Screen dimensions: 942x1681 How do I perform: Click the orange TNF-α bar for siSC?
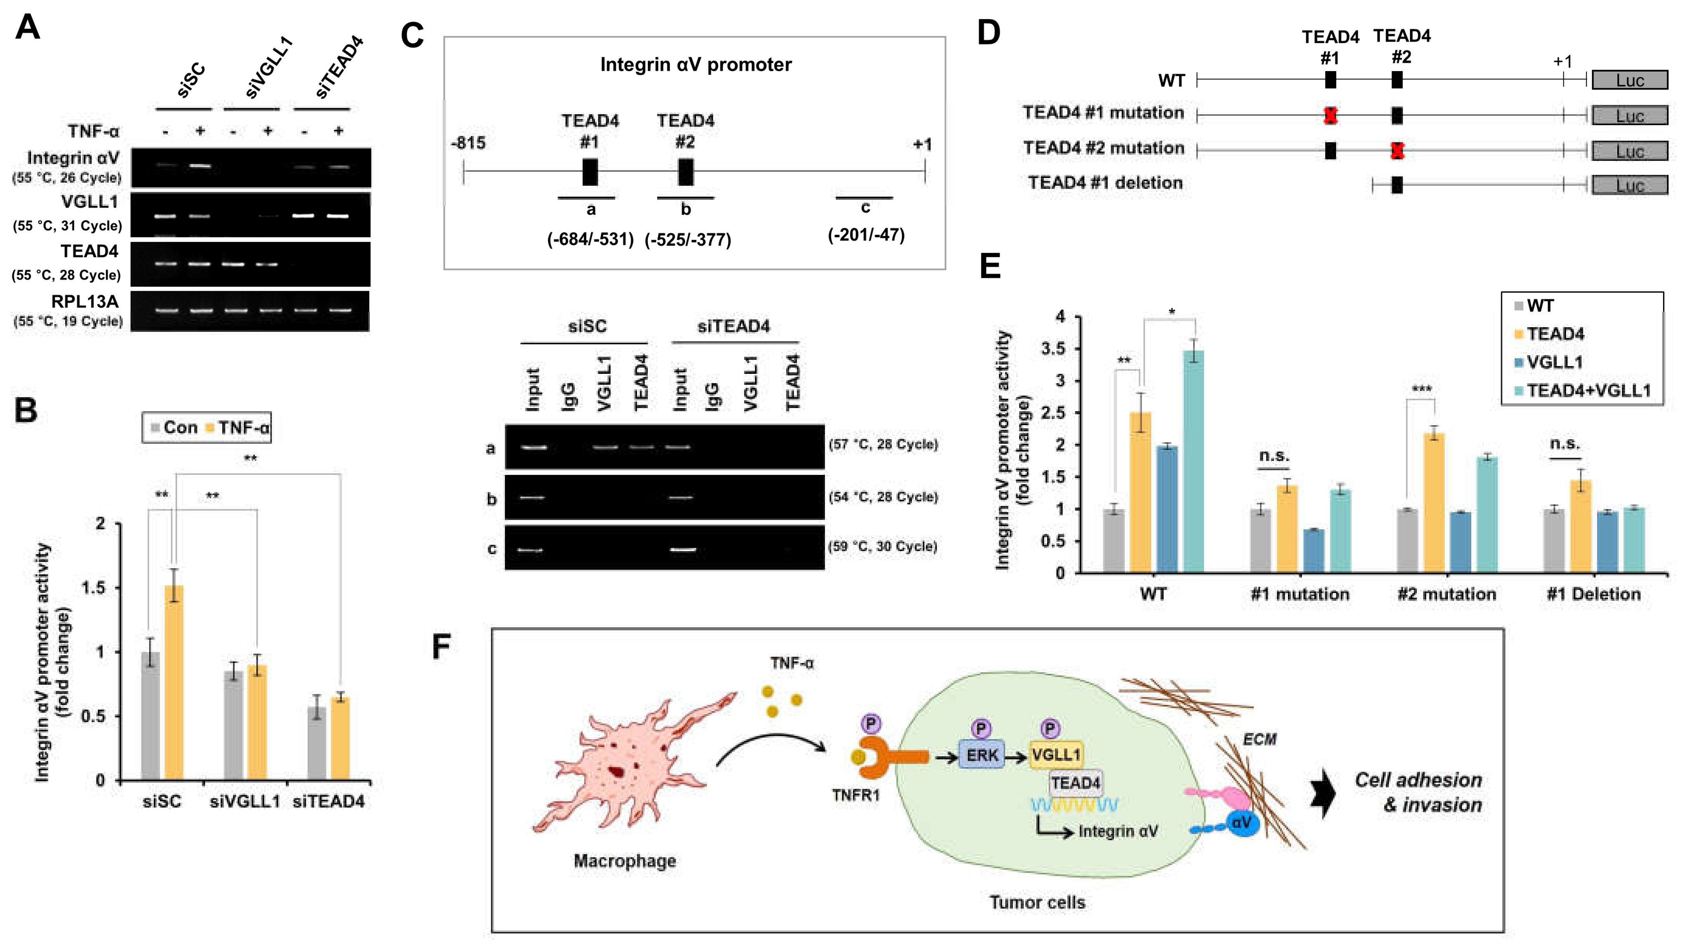pos(174,682)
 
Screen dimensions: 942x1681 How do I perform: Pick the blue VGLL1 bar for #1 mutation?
pos(1314,551)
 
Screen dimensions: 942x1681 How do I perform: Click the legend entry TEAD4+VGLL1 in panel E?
pos(1588,391)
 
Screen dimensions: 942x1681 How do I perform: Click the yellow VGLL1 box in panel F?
pos(1056,755)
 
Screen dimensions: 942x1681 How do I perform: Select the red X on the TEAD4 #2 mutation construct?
pos(1396,151)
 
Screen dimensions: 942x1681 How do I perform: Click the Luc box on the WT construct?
pos(1629,80)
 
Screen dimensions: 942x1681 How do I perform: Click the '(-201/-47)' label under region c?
pos(866,235)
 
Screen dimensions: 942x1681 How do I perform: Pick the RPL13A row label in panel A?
pos(85,302)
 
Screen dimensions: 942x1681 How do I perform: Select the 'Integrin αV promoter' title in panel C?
pos(696,65)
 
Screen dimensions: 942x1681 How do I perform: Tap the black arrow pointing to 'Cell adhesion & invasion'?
pos(1323,793)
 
